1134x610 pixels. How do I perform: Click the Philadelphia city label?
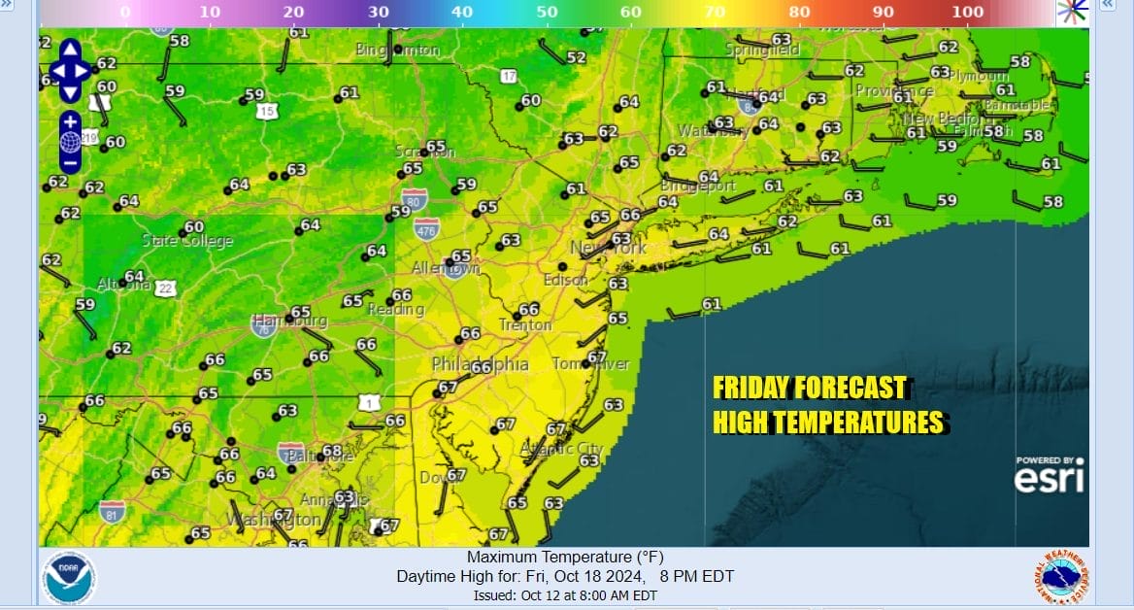481,365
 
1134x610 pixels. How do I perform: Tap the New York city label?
608,249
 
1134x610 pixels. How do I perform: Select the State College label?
187,241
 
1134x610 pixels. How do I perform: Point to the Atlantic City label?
562,449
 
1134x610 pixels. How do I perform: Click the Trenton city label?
525,325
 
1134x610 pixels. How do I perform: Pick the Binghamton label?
398,50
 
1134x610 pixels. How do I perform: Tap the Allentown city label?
447,268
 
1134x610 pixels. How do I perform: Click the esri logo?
1049,475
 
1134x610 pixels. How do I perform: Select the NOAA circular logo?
69,580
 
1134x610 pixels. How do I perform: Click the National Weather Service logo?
1061,579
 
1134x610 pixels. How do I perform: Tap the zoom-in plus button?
70,121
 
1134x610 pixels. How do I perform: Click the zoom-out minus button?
70,163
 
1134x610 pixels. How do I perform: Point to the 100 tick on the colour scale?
967,12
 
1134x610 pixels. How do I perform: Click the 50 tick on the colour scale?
547,12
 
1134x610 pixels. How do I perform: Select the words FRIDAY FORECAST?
809,389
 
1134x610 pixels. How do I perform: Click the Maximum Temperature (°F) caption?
565,558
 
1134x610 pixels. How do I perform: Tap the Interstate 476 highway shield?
424,229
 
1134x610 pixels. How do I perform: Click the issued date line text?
565,595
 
